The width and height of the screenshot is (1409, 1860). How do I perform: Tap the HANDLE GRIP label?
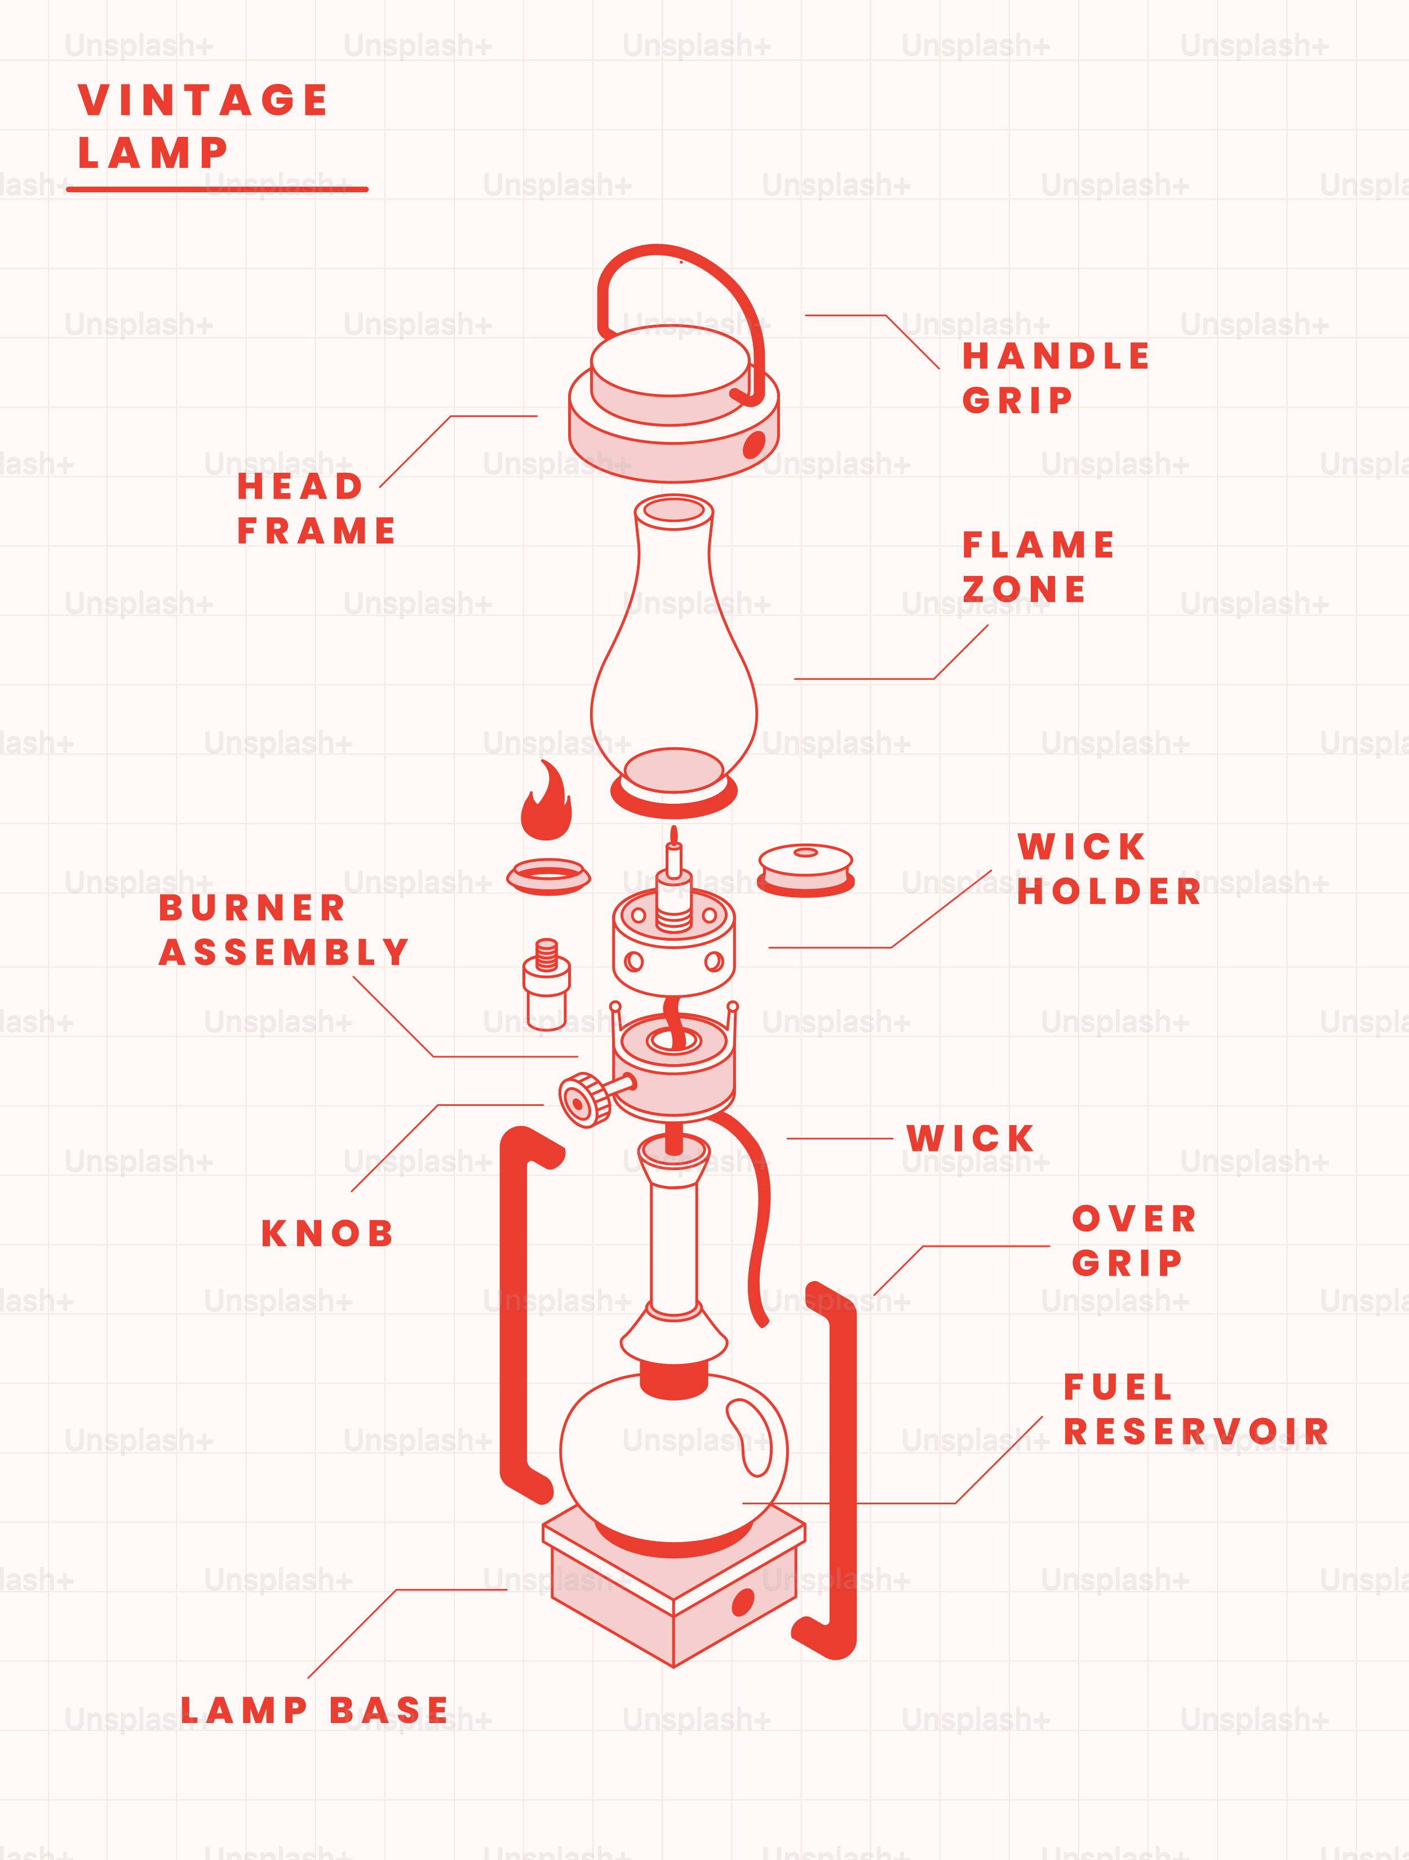click(1055, 378)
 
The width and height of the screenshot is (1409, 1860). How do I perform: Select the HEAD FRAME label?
click(316, 508)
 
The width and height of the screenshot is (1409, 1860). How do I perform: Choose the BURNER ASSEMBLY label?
click(284, 930)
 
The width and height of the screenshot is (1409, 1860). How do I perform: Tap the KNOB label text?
click(327, 1234)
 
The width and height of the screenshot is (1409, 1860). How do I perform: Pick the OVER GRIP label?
click(1134, 1240)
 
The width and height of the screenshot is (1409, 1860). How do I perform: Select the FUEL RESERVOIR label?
click(1195, 1409)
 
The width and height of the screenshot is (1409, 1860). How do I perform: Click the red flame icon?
click(547, 803)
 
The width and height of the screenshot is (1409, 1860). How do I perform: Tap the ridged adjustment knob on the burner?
click(584, 1100)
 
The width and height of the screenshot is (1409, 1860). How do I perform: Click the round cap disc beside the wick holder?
click(805, 869)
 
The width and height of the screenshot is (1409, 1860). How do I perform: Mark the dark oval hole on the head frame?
click(754, 444)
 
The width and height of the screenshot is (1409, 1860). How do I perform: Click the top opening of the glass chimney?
click(674, 510)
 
